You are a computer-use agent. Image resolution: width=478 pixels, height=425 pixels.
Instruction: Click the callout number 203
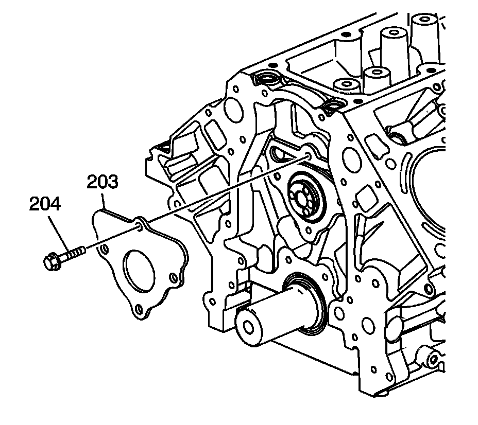coord(103,183)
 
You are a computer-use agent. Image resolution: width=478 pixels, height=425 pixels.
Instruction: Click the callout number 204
coord(44,204)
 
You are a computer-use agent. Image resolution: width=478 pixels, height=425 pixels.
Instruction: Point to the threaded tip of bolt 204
coord(79,251)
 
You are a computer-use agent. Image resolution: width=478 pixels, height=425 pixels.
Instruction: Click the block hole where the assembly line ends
coord(308,154)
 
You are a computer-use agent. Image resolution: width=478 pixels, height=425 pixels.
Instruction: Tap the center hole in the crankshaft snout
coord(249,328)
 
